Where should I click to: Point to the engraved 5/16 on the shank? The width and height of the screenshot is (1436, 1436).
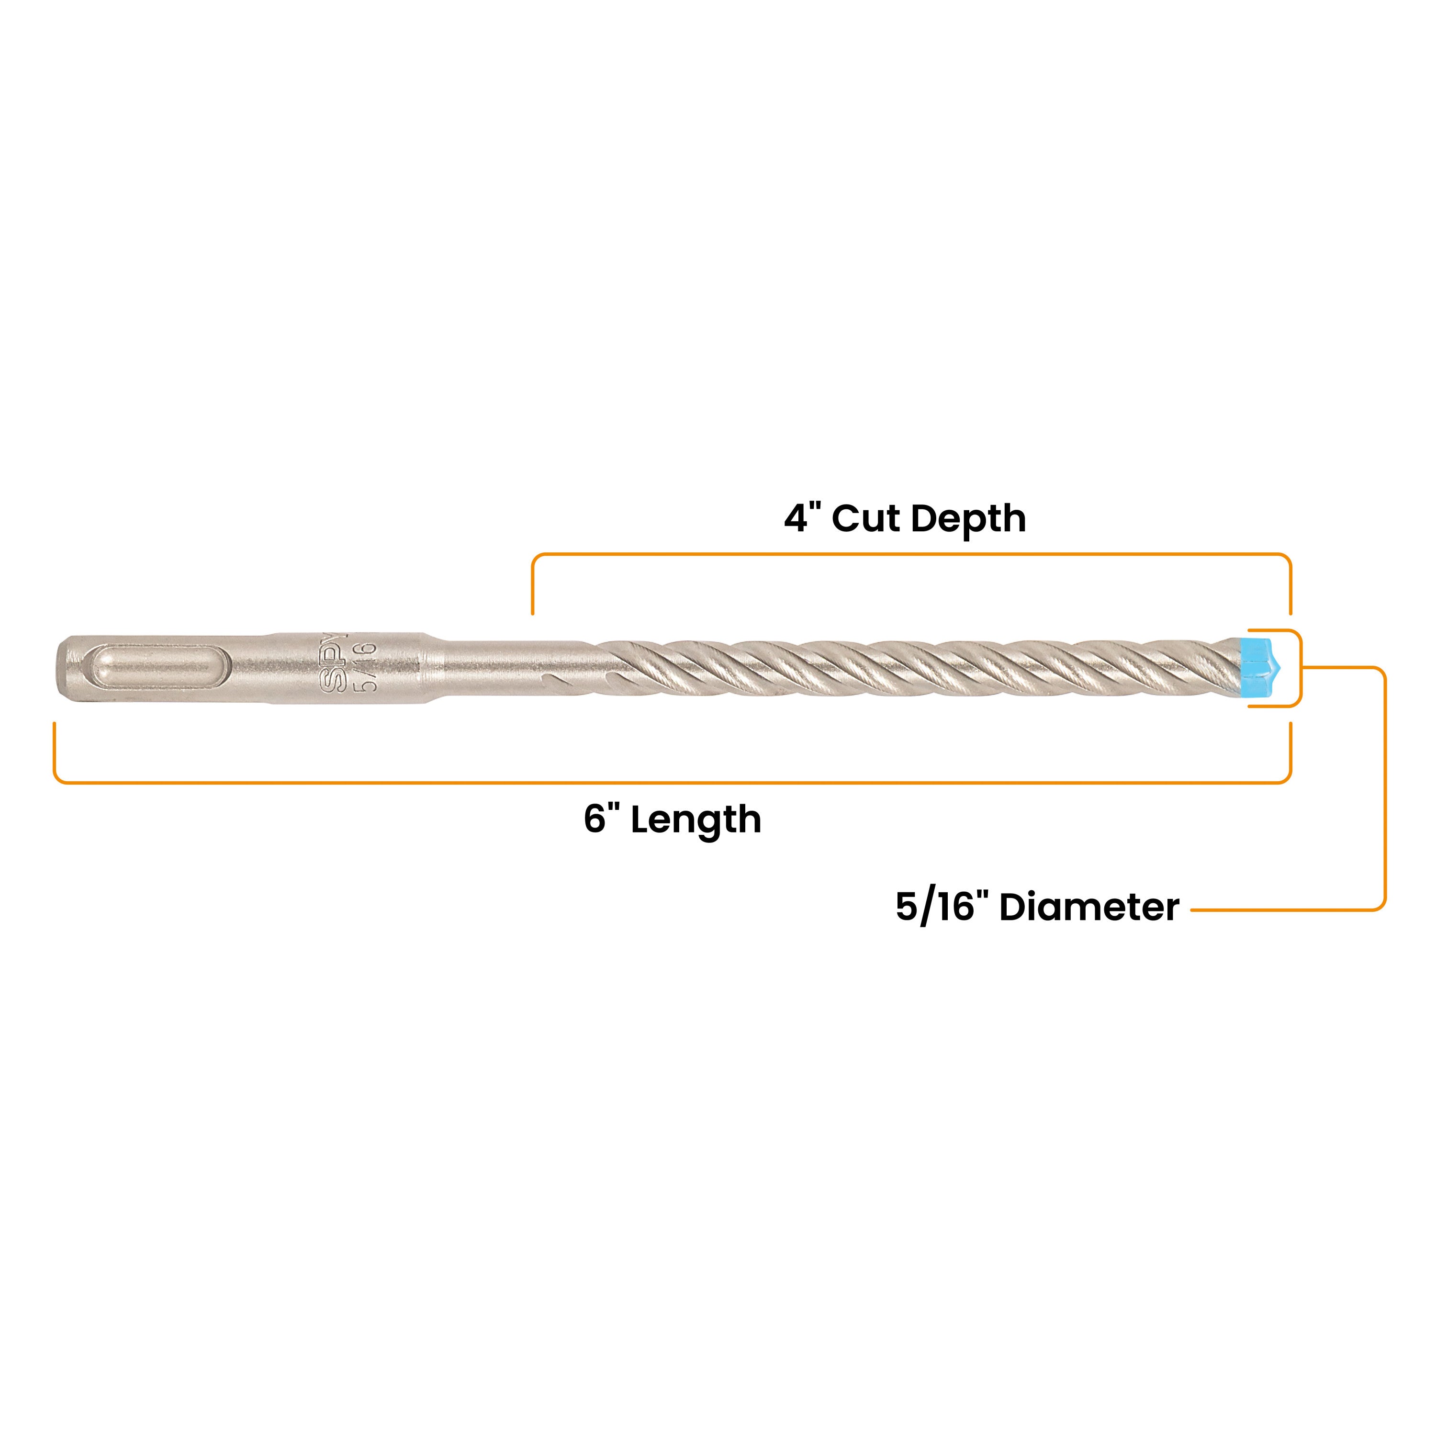367,667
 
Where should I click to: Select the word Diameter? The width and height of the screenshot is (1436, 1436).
1089,908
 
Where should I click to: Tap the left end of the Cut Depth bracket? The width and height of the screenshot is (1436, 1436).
532,614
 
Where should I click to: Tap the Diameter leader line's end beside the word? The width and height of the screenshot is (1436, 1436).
1193,909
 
